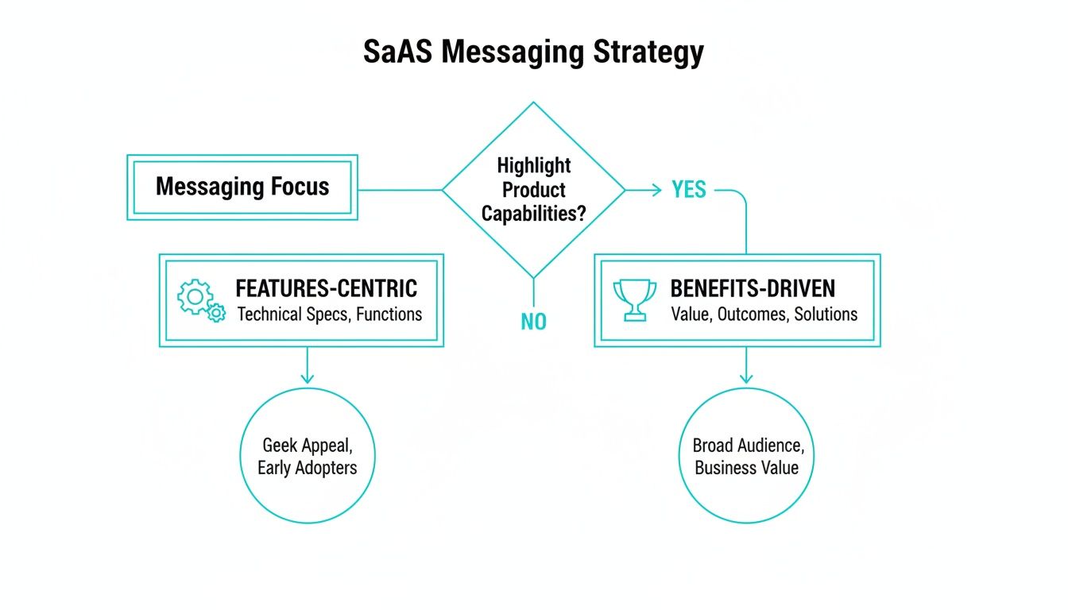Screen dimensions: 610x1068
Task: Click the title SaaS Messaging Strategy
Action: [533, 52]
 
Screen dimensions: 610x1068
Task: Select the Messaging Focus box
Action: [242, 187]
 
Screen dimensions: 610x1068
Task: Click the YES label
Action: [688, 190]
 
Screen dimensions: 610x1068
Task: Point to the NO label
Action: [533, 322]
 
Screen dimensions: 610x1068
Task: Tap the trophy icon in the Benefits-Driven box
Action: [635, 300]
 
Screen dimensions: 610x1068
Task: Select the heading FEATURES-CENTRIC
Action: [326, 288]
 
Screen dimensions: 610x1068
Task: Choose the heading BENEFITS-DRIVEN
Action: [753, 288]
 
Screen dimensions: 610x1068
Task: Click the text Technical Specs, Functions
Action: [329, 314]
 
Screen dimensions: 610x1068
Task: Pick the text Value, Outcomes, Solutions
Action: [764, 314]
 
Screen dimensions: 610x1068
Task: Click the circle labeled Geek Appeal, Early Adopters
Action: [307, 455]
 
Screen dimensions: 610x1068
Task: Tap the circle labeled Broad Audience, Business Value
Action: [746, 455]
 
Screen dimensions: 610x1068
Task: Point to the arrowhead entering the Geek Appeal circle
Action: [307, 379]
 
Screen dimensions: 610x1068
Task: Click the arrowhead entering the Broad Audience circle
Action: [746, 379]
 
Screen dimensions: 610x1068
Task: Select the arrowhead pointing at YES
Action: [656, 190]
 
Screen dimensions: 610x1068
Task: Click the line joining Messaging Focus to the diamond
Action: [400, 190]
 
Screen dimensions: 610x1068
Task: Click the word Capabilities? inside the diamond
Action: [533, 214]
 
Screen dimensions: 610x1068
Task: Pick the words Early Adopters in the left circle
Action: [307, 467]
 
